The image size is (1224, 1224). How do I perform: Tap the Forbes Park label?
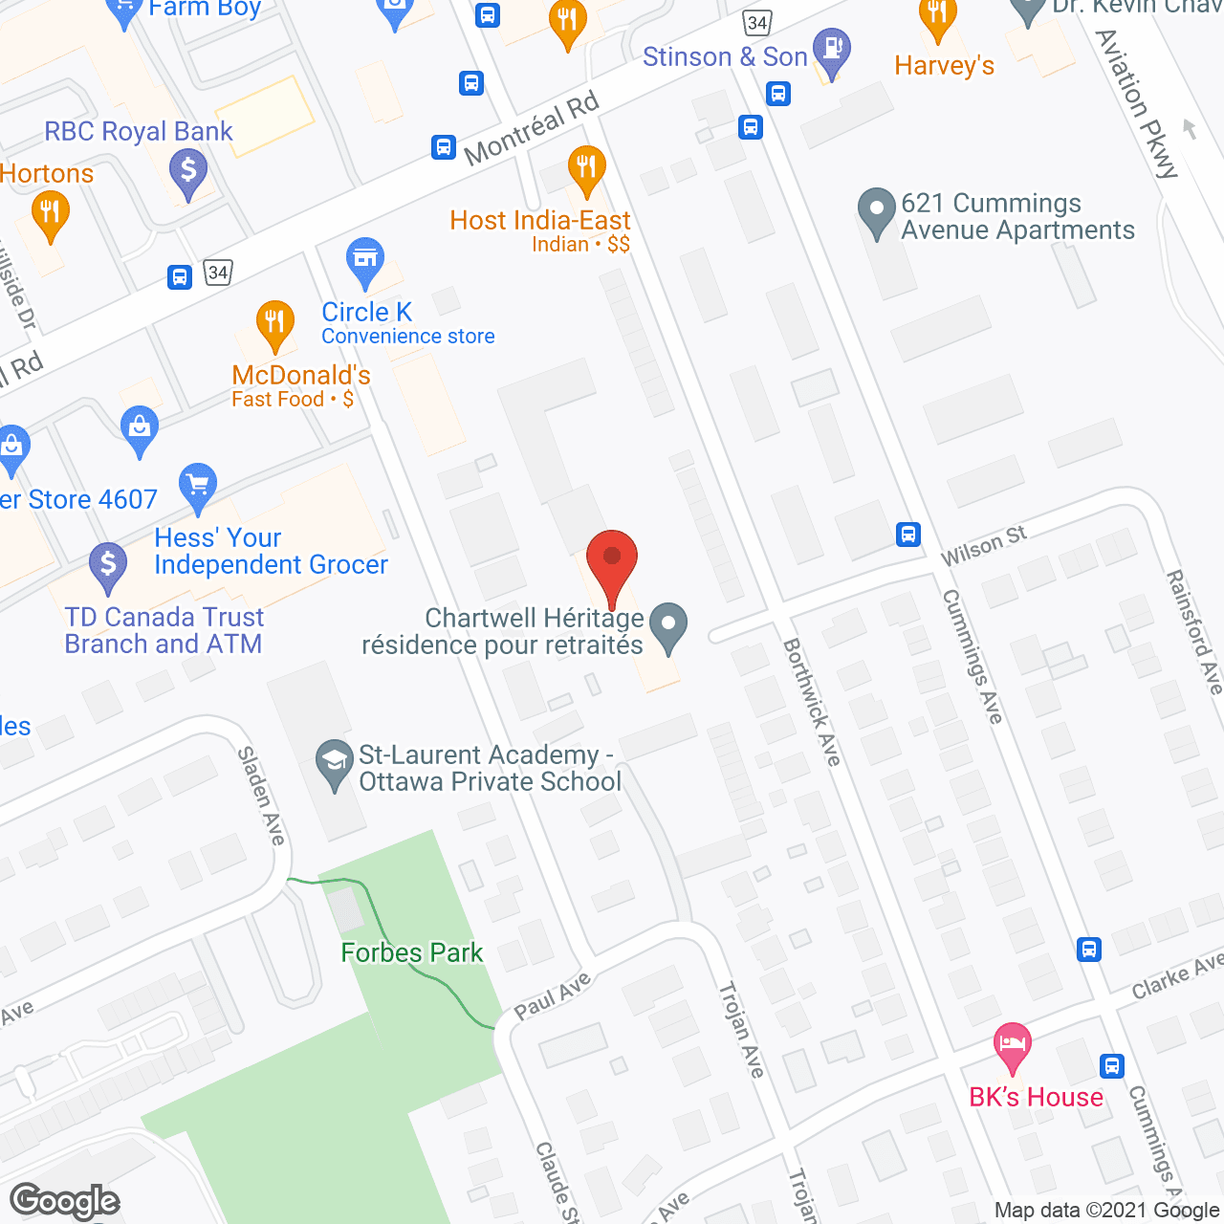point(412,952)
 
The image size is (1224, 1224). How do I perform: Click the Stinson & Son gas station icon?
point(831,51)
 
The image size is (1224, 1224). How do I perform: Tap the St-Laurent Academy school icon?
point(335,763)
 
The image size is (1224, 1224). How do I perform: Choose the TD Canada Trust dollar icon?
point(108,565)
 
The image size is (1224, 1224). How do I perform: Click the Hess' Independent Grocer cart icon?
point(198,487)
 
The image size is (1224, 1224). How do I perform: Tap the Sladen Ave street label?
point(261,796)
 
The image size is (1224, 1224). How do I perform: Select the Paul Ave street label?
point(553,995)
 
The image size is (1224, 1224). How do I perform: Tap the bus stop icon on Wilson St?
point(908,534)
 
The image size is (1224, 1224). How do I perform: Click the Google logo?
point(64,1200)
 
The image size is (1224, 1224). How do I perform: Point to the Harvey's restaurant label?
point(944,65)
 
